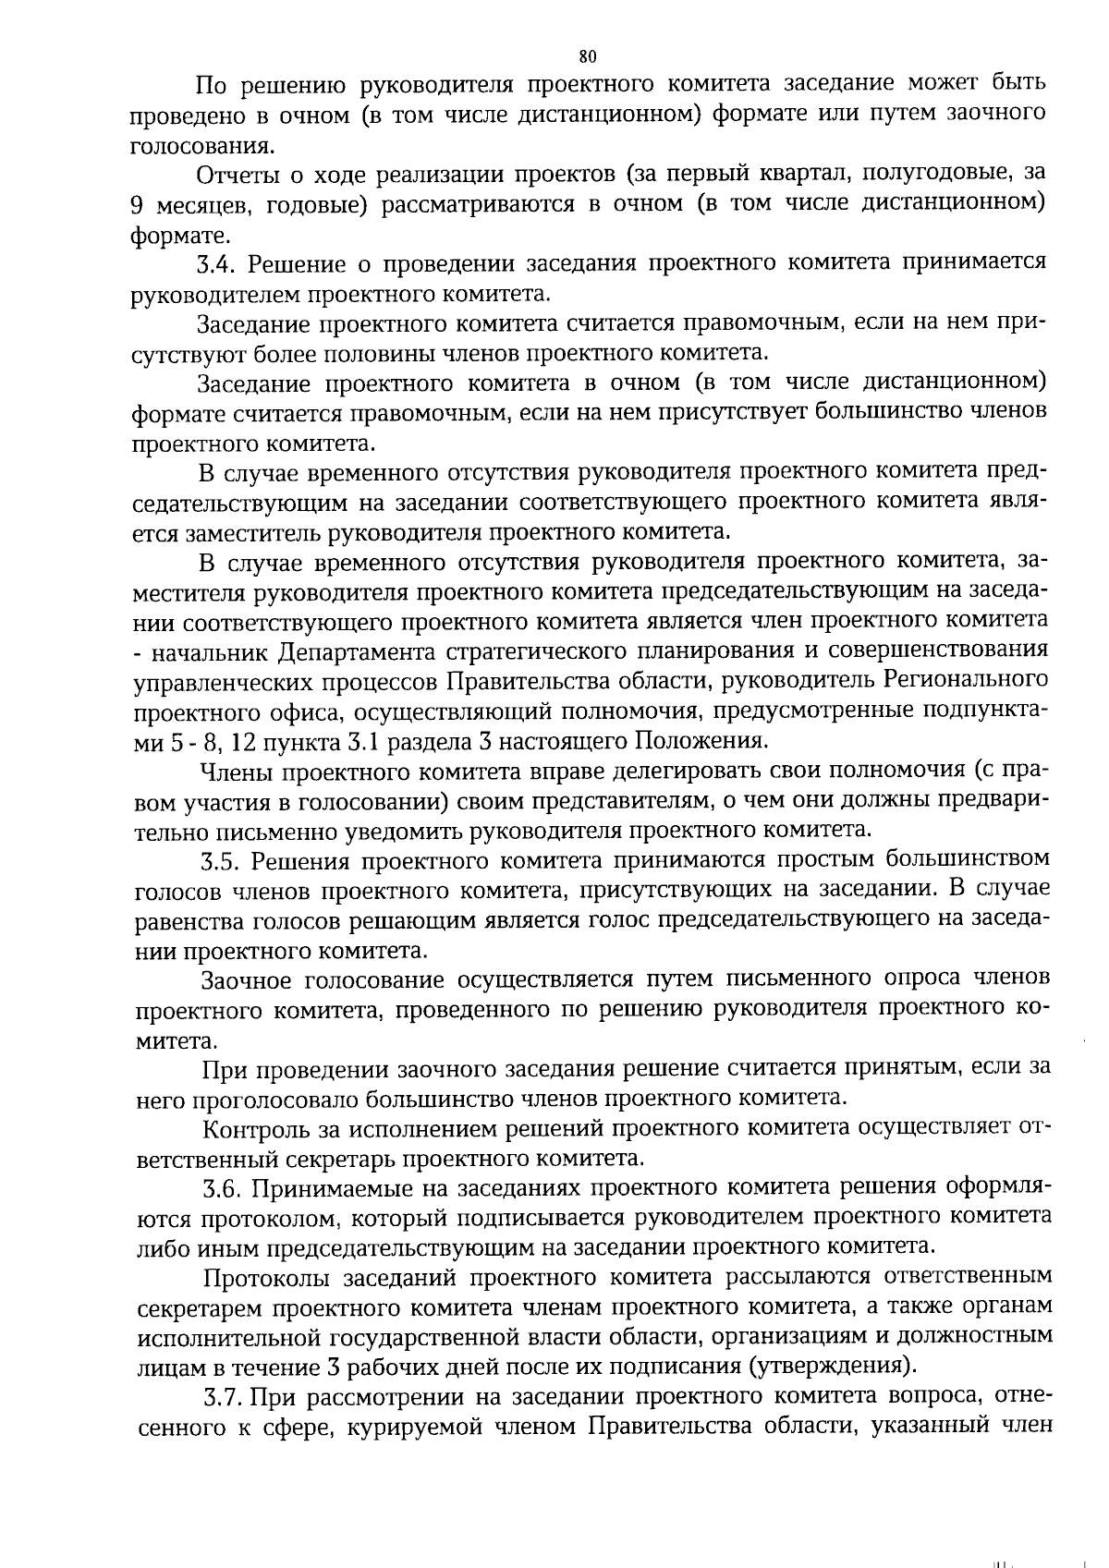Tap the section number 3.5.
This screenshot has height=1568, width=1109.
pos(221,860)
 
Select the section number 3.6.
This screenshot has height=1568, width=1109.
pos(222,1187)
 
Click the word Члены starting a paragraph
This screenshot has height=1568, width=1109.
pos(234,771)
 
